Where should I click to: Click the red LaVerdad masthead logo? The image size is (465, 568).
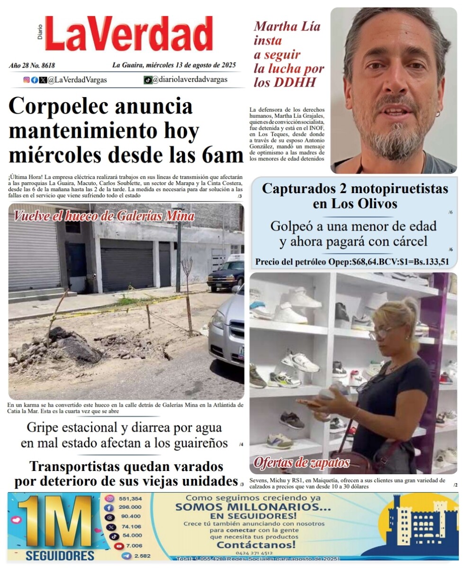pos(129,34)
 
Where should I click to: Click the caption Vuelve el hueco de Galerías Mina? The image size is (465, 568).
pos(104,216)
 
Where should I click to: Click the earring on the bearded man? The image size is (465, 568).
pos(438,114)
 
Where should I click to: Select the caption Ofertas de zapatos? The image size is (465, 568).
pos(302,462)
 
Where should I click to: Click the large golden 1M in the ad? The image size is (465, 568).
pos(54,523)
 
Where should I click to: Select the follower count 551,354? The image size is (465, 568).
pos(130,498)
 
